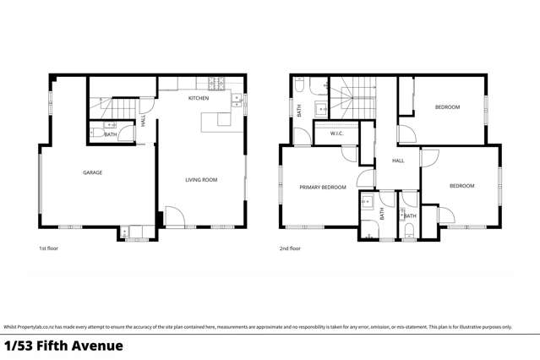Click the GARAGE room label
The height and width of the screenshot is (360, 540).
coord(92,172)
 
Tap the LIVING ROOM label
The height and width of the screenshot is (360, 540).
coord(201,179)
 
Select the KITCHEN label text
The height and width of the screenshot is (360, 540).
coord(199,99)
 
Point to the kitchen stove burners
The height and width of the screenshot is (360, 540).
coord(213,83)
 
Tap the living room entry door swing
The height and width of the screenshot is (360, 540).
coord(174,217)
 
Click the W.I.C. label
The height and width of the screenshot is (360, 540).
coord(335,133)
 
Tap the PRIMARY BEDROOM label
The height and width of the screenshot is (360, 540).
coord(322,187)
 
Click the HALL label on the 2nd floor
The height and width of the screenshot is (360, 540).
coord(398,161)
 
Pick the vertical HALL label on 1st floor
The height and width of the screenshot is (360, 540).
coord(144,121)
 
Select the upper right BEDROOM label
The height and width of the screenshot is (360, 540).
coord(447,107)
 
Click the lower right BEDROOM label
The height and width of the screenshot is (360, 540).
coord(461,186)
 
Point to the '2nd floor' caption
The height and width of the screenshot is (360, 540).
coord(289,249)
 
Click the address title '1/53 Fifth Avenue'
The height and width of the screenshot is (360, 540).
coord(63,346)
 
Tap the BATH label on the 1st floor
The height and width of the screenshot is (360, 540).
coord(111,134)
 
